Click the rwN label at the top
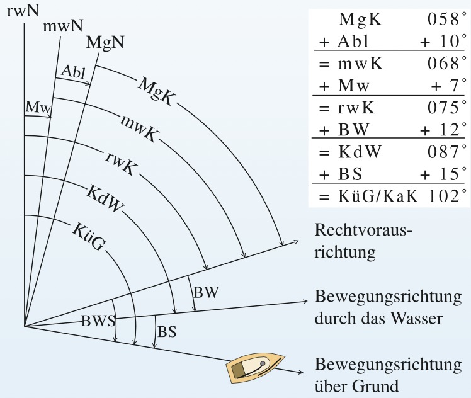[x=23, y=11]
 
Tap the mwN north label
[x=63, y=26]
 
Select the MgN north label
[x=105, y=42]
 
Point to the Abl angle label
[x=73, y=72]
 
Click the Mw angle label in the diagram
[x=38, y=107]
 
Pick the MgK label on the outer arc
[x=156, y=91]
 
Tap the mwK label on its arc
[x=139, y=128]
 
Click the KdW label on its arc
[x=105, y=198]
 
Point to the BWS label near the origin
[x=98, y=321]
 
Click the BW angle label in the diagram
[x=206, y=292]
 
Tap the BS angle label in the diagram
[x=167, y=332]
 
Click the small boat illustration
[x=255, y=368]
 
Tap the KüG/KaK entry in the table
[x=378, y=196]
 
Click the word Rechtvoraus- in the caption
[x=363, y=230]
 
